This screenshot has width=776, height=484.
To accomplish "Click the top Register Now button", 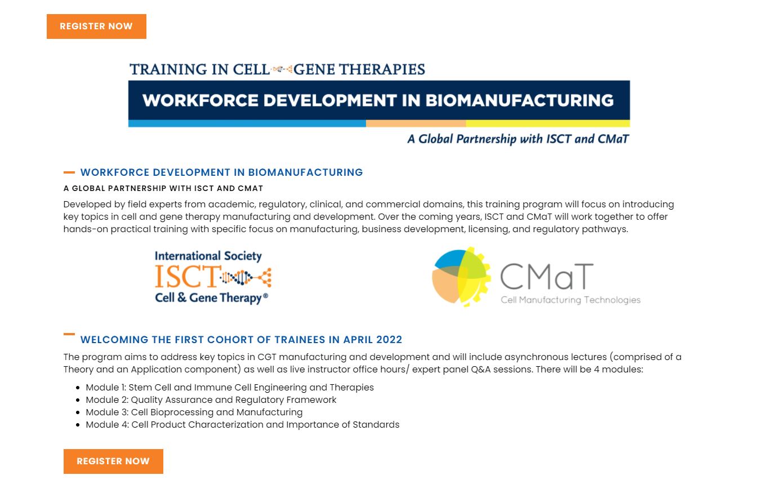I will click(x=96, y=26).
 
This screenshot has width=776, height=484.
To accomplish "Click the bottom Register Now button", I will click(x=113, y=461).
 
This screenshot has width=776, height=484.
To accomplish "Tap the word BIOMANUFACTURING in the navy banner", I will click(x=519, y=100).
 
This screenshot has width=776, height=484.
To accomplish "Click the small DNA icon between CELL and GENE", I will click(x=282, y=69).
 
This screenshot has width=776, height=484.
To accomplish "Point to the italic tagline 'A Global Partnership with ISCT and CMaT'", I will click(x=518, y=139).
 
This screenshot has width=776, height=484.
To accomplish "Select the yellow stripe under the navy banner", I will click(x=547, y=123).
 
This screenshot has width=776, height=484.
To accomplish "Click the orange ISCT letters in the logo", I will click(x=186, y=276).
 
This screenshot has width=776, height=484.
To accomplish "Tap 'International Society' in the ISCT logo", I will click(x=208, y=256).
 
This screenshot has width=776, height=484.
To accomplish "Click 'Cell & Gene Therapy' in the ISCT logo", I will click(x=208, y=297).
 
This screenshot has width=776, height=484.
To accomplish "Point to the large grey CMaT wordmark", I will click(x=546, y=276).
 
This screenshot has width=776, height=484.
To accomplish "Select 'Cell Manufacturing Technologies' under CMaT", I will click(x=570, y=300).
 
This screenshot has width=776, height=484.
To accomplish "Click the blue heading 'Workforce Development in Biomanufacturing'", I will click(x=221, y=172).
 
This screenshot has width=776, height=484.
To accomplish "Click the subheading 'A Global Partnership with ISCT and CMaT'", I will click(x=163, y=188).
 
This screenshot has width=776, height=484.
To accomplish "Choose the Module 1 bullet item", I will click(x=230, y=388).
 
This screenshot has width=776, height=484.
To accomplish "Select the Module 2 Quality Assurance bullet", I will click(x=211, y=400).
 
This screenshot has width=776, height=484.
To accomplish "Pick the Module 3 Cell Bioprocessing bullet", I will click(x=194, y=412).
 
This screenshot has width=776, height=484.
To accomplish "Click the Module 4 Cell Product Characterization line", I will click(x=243, y=425).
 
